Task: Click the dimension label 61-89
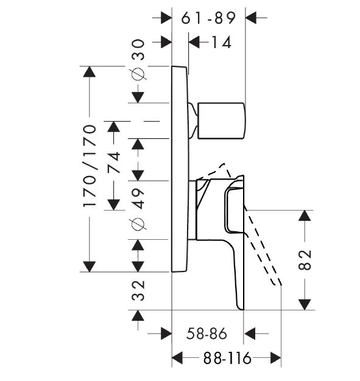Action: click(x=208, y=18)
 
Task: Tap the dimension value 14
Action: click(x=221, y=42)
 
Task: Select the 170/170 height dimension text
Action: click(x=90, y=166)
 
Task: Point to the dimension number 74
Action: click(x=114, y=162)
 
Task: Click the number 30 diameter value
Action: click(x=138, y=50)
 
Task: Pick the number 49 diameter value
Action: click(x=138, y=198)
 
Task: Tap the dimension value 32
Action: click(x=138, y=290)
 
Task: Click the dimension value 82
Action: click(x=305, y=260)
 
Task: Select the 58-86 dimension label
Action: click(x=206, y=334)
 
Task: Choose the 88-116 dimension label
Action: click(x=227, y=358)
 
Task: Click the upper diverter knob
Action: click(x=221, y=121)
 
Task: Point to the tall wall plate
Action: click(x=180, y=169)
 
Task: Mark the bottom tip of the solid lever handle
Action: click(x=241, y=309)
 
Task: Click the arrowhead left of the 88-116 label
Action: click(x=177, y=358)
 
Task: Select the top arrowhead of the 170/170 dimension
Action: click(x=90, y=72)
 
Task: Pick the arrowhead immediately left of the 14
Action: click(x=194, y=42)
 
